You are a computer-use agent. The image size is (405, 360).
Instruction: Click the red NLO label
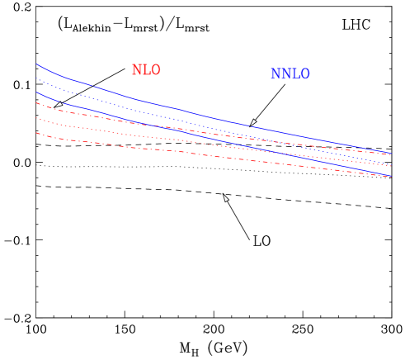146,71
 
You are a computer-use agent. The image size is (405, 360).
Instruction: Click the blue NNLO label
290,74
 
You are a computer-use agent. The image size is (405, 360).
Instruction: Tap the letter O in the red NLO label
155,71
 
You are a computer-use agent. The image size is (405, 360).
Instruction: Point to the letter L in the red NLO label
146,71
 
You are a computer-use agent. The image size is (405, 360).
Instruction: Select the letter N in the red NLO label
137,71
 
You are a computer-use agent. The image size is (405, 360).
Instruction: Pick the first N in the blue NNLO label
275,74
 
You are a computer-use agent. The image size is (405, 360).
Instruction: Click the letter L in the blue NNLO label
294,74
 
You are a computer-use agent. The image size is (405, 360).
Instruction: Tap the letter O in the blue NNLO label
304,74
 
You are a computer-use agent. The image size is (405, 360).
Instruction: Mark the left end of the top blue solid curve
36,64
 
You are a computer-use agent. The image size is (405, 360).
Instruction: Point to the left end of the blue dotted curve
36,78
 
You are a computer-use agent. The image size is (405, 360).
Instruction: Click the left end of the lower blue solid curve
36,92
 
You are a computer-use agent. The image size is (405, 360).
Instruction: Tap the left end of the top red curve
36,103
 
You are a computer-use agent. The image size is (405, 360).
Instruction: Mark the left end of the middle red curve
36,118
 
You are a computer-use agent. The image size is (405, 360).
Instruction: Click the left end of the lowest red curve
36,132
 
